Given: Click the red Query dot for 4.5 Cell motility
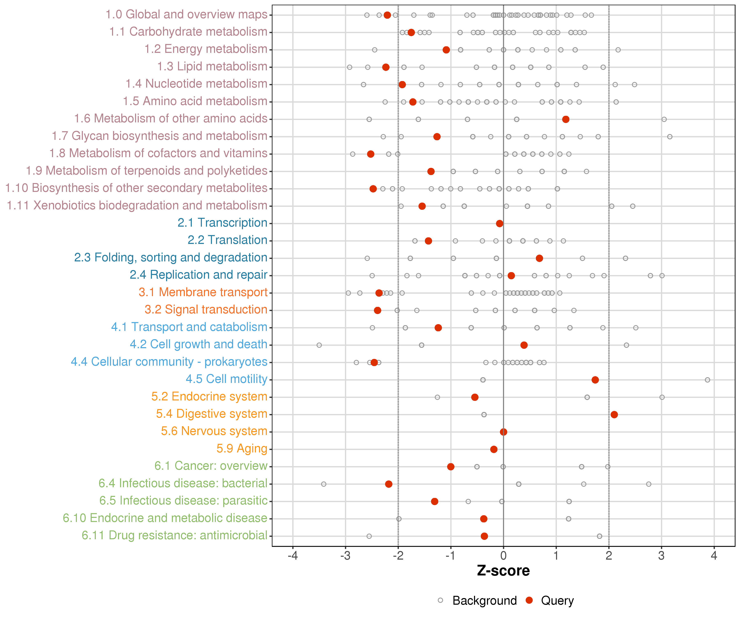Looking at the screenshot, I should click(x=595, y=380).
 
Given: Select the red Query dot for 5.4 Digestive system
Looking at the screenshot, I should click(x=614, y=415).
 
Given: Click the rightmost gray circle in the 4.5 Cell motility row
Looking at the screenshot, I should click(x=707, y=380).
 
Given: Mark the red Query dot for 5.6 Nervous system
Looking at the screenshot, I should click(x=504, y=432).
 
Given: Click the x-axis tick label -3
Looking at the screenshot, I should click(x=345, y=556).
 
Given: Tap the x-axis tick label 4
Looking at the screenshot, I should click(x=714, y=556).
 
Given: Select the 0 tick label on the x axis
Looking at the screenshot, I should click(x=504, y=556).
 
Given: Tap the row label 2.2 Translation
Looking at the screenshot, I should click(x=227, y=240).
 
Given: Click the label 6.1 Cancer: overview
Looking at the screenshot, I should click(x=211, y=466).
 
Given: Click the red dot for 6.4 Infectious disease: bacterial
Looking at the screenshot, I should click(x=389, y=484).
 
